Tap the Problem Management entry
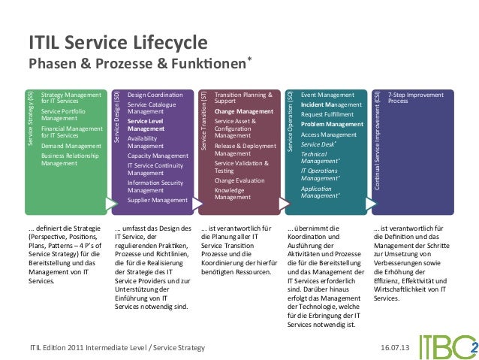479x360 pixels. tap(332, 124)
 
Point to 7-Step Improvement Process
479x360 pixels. tap(416, 98)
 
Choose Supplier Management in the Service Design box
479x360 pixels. tap(157, 201)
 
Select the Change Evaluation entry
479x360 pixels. tap(239, 180)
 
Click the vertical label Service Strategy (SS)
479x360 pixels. tap(31, 118)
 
